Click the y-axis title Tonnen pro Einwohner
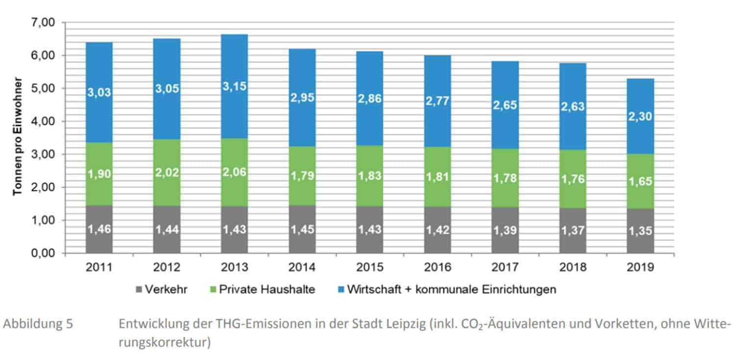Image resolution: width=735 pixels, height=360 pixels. [x=18, y=136]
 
